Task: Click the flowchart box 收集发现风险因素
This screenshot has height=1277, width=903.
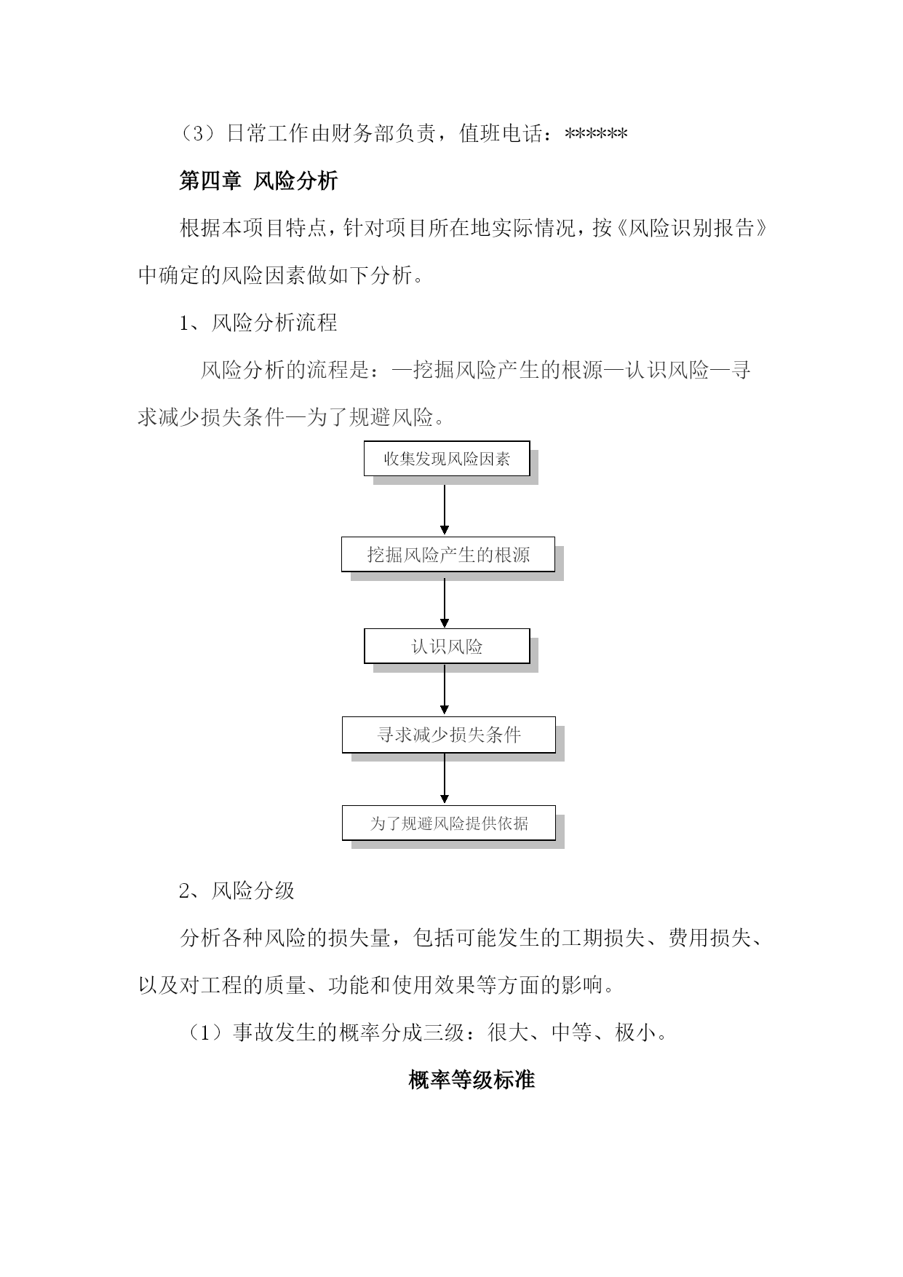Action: tap(447, 459)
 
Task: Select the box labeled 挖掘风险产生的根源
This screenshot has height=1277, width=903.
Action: tap(448, 555)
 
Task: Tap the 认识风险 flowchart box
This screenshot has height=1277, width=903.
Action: tap(447, 647)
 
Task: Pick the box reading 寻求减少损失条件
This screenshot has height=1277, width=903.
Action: tap(449, 735)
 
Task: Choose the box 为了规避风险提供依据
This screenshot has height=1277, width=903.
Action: tap(449, 823)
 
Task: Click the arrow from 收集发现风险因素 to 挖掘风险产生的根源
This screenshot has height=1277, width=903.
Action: tap(445, 510)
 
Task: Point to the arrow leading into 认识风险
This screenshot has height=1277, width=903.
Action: tap(445, 603)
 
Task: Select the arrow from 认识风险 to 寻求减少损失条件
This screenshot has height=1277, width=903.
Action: tap(445, 689)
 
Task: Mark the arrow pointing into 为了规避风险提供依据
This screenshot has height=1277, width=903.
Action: tap(445, 778)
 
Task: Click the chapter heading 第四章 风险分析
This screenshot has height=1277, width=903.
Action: tap(258, 181)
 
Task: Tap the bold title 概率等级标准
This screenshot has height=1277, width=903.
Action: tap(472, 1080)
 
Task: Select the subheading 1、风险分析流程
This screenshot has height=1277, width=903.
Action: tap(258, 323)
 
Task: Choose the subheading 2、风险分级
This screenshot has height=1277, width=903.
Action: tap(237, 890)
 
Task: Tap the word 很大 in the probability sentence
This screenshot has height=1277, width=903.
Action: tap(509, 1032)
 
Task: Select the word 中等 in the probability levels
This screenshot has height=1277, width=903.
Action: tap(572, 1032)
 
